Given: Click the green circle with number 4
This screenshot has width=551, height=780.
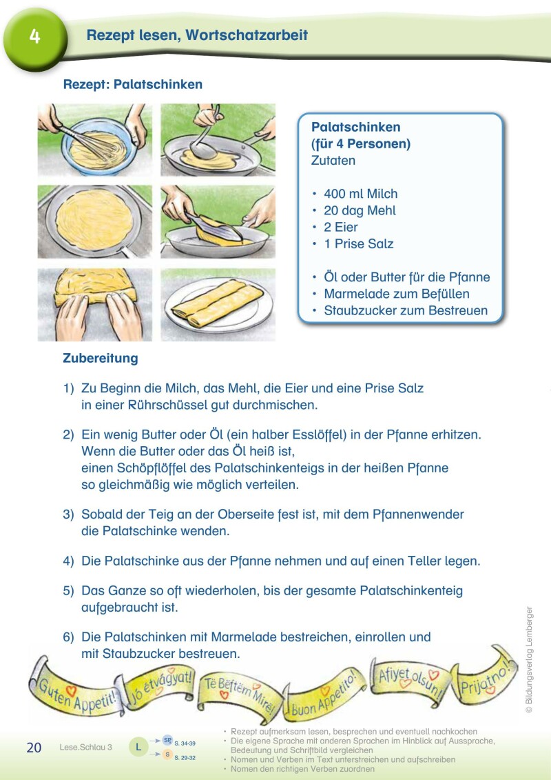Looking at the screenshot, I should (x=34, y=36).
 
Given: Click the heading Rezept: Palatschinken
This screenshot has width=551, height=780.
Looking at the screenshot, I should (x=133, y=85).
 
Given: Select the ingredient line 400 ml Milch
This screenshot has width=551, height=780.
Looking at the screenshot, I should (x=360, y=194).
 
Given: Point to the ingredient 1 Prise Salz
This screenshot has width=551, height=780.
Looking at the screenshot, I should (x=358, y=243).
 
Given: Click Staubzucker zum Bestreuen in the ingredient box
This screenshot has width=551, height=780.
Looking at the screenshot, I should (x=405, y=310).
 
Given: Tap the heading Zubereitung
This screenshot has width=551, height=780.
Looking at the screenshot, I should (x=101, y=359).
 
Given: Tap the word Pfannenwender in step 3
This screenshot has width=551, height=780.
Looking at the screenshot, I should (x=424, y=514).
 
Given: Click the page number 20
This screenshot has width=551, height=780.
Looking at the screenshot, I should (x=34, y=748).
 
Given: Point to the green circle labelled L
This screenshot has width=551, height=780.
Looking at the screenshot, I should (x=139, y=747).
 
